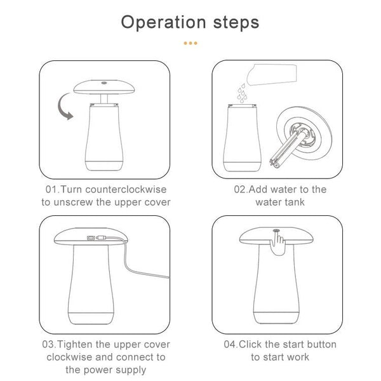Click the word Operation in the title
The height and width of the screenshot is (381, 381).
pyautogui.click(x=164, y=23)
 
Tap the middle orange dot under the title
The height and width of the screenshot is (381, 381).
pyautogui.click(x=190, y=43)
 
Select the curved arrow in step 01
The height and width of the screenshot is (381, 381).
pyautogui.click(x=63, y=107)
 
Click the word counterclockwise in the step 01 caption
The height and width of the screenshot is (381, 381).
pyautogui.click(x=126, y=189)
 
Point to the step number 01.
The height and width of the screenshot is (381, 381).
pyautogui.click(x=51, y=189)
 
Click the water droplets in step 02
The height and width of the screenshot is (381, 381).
pyautogui.click(x=243, y=93)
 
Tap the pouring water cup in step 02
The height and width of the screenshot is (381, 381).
pyautogui.click(x=272, y=74)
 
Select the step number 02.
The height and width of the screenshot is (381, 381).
pyautogui.click(x=239, y=189)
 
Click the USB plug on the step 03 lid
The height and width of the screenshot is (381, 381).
pyautogui.click(x=100, y=237)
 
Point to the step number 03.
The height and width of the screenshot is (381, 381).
pyautogui.click(x=48, y=345)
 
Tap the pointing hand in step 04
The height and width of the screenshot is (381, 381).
pyautogui.click(x=277, y=244)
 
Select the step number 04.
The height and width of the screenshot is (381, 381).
pyautogui.click(x=230, y=345)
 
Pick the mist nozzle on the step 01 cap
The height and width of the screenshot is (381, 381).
pyautogui.click(x=105, y=83)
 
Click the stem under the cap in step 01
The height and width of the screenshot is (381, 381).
pyautogui.click(x=104, y=98)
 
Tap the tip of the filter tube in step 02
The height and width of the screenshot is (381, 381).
pyautogui.click(x=275, y=166)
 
